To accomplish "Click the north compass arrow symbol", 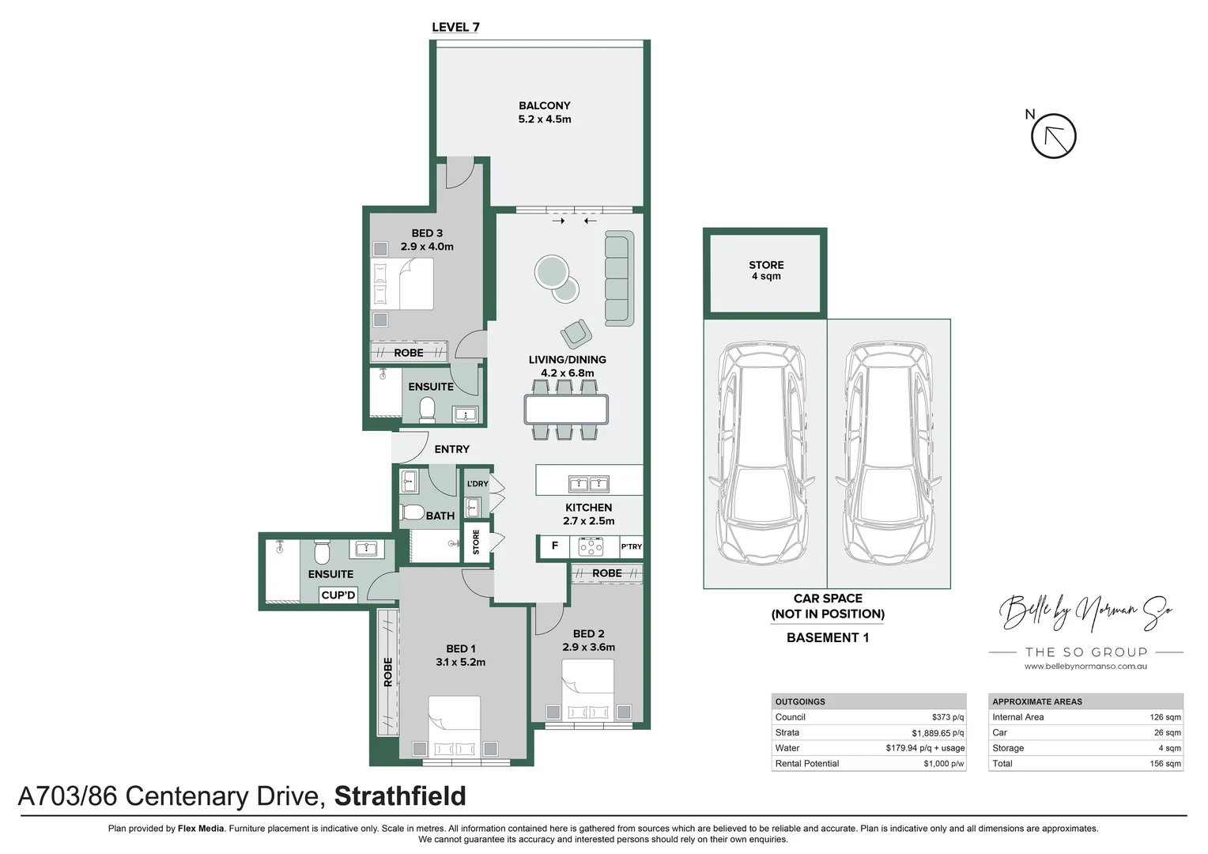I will pyautogui.click(x=1053, y=136).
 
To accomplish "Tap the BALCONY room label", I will pyautogui.click(x=544, y=106).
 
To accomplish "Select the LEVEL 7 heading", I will pyautogui.click(x=455, y=27).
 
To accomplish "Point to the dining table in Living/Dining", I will pyautogui.click(x=566, y=409).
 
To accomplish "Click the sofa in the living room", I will pyautogui.click(x=619, y=278).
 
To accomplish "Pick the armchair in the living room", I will pyautogui.click(x=576, y=333).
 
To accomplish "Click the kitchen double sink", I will pyautogui.click(x=589, y=483).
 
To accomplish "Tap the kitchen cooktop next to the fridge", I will pyautogui.click(x=591, y=546).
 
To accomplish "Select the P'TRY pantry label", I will pyautogui.click(x=631, y=546).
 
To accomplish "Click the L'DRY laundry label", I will pyautogui.click(x=477, y=484).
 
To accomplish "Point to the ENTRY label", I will pyautogui.click(x=451, y=449).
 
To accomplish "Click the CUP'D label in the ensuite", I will pyautogui.click(x=338, y=595).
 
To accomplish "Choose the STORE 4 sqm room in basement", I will pyautogui.click(x=765, y=271).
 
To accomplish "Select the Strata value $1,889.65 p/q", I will pyautogui.click(x=938, y=733).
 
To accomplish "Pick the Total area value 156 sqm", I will pyautogui.click(x=1165, y=764).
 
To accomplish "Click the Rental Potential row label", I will pyautogui.click(x=806, y=764).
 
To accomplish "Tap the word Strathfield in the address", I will pyautogui.click(x=400, y=795).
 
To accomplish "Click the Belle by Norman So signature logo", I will pyautogui.click(x=1085, y=612).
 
